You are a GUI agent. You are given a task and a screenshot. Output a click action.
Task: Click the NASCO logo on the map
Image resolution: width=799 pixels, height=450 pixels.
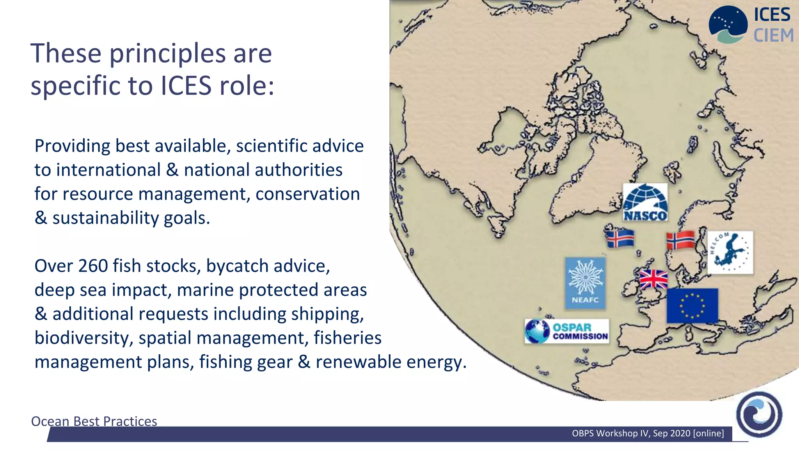point(645,202)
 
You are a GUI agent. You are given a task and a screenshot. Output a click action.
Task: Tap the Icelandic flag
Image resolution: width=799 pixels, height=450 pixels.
point(620,238)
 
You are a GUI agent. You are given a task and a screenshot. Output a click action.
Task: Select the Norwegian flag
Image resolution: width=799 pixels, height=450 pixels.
point(680,240)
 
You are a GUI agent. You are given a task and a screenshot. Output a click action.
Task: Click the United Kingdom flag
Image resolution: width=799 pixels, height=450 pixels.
point(653,279)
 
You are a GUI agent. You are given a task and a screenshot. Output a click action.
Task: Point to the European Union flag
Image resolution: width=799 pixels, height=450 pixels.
point(692,305)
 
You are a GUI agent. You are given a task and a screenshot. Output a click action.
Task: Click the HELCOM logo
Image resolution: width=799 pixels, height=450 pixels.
point(730,252)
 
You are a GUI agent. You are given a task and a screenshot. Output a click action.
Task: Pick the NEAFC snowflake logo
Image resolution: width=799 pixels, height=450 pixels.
point(585,283)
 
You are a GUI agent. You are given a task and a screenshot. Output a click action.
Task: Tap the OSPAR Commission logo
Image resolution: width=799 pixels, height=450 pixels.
point(566,331)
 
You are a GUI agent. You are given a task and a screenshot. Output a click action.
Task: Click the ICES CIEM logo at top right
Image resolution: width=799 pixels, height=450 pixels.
point(751,24)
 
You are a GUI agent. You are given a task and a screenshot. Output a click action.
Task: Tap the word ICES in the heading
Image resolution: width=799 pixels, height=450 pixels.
point(186,86)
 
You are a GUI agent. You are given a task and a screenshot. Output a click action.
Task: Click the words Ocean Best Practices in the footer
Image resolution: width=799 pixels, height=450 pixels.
point(94,421)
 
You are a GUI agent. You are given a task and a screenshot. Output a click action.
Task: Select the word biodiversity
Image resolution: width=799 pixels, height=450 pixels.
point(83,338)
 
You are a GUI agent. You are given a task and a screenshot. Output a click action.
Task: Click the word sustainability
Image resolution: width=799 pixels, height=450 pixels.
point(105,218)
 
